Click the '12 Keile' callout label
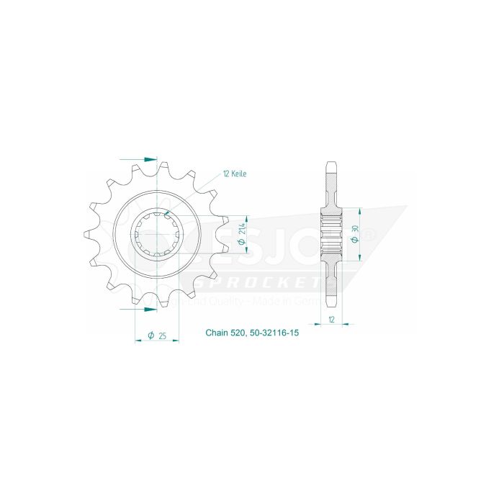(236, 174)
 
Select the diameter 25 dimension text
(156, 335)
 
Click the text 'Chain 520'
(227, 334)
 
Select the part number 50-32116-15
(279, 334)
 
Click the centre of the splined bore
(158, 235)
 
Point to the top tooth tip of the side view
(330, 163)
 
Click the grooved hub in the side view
(330, 235)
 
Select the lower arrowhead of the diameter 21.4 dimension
(247, 253)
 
